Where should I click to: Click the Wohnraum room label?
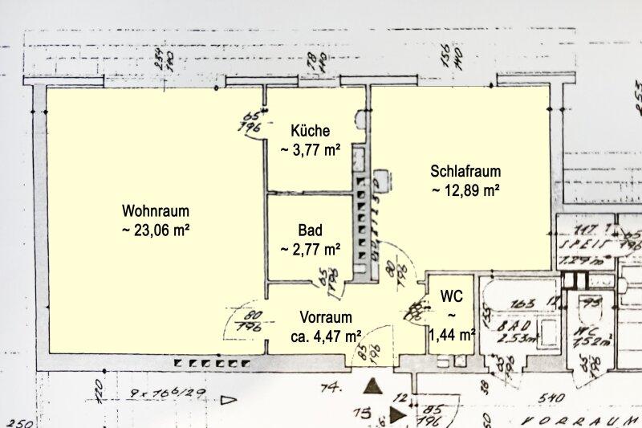(x=156, y=211)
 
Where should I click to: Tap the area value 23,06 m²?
(x=156, y=230)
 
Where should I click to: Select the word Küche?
(x=311, y=131)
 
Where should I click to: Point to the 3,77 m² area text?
(x=311, y=149)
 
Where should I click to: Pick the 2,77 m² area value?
(x=311, y=249)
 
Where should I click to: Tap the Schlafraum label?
(x=465, y=171)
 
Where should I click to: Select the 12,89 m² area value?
(x=465, y=190)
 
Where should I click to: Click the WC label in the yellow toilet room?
(x=452, y=296)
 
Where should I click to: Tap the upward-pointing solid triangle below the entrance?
(x=371, y=387)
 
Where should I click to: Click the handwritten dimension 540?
(x=552, y=396)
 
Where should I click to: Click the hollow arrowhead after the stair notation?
(x=230, y=398)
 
